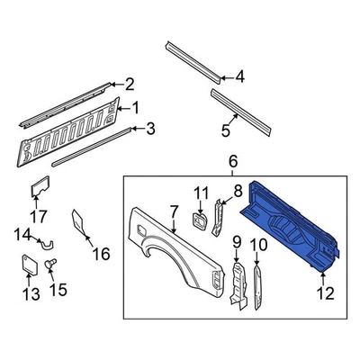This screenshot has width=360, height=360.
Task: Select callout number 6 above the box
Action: tap(232, 162)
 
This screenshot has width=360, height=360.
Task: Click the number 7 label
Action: tap(172, 212)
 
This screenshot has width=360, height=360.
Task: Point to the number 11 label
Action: tap(201, 193)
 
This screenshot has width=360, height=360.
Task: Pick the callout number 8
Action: tap(238, 191)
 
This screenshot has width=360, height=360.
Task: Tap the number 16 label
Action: tap(101, 255)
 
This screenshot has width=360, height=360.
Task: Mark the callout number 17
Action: tap(39, 215)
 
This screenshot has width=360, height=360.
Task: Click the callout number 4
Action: tap(238, 76)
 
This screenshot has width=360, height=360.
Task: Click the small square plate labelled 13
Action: tap(28, 265)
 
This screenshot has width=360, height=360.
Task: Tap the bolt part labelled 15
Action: tap(52, 261)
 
